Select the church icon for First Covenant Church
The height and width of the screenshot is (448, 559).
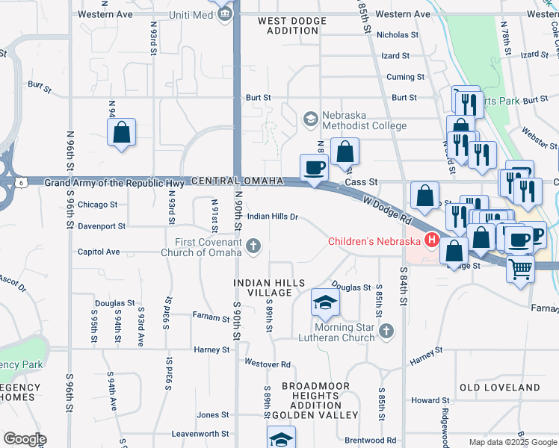(x=253, y=246)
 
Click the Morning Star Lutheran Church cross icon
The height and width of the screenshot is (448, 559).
(x=386, y=331)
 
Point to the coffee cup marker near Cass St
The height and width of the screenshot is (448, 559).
(x=314, y=168)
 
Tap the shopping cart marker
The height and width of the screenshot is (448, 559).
(x=520, y=269)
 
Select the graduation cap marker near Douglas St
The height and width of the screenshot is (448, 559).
(x=325, y=302)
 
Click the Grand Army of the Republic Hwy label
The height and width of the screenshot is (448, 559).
(x=114, y=182)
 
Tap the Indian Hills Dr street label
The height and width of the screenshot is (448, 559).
(x=273, y=217)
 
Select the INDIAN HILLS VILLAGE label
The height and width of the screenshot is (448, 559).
(x=269, y=288)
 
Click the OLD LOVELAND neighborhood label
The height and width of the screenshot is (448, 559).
(x=499, y=388)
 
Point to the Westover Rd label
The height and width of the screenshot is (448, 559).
(x=267, y=364)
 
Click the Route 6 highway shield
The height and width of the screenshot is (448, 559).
(x=22, y=182)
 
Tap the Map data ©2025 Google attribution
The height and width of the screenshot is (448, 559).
(x=512, y=442)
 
